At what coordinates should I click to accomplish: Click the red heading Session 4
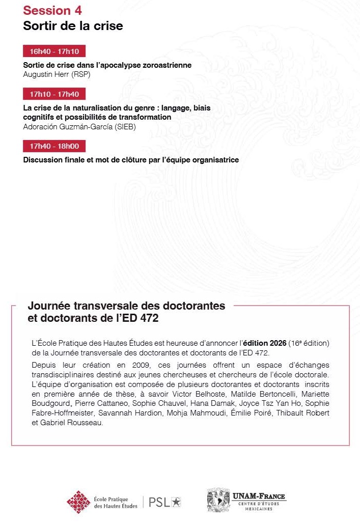[x=52, y=10]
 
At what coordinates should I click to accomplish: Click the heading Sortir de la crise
[x=73, y=25]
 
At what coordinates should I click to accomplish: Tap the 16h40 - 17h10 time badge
[x=54, y=51]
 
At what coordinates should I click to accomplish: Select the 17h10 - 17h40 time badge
[x=54, y=94]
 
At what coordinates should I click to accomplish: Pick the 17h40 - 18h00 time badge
[x=54, y=146]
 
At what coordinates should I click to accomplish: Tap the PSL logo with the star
[x=164, y=502]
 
